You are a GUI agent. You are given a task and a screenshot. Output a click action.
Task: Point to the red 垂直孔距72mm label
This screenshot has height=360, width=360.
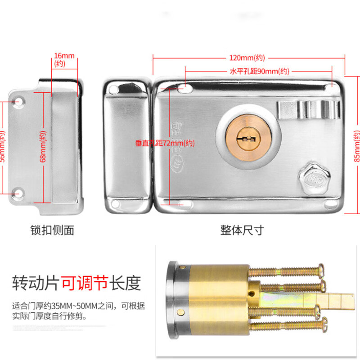(x=165, y=144)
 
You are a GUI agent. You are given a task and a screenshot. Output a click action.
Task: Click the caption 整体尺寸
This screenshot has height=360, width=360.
(x=242, y=230)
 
